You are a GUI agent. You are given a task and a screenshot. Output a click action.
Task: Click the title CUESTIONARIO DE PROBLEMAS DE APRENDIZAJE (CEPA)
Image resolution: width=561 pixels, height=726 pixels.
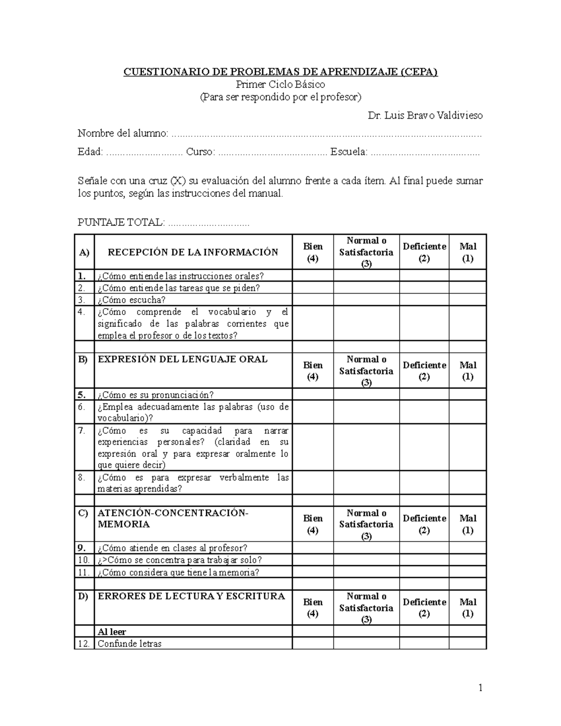point(280,72)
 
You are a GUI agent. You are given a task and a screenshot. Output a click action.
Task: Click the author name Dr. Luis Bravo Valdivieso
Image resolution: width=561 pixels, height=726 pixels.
point(425,115)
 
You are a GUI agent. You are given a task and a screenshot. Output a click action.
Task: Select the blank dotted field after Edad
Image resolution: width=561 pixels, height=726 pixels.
point(144,152)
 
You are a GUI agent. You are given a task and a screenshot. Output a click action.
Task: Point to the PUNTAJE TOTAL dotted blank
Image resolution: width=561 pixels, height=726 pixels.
point(209,223)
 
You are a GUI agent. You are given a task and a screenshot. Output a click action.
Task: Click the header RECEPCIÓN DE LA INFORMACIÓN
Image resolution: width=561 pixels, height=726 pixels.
point(193,252)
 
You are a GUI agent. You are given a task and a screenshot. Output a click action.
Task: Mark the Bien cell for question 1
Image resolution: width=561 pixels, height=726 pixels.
point(312,276)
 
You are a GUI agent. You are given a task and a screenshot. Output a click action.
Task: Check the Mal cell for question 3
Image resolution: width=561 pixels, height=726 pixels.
point(467,300)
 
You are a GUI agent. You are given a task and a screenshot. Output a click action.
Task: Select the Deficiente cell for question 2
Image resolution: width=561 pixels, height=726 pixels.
point(424,288)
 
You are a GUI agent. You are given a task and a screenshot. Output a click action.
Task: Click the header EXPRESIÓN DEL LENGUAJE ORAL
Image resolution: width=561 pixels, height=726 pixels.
point(182,359)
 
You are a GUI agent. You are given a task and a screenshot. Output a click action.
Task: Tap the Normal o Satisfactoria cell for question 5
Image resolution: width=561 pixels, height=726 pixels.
point(366,395)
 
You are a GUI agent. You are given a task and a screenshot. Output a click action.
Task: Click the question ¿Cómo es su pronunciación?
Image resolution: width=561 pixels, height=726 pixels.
point(156,395)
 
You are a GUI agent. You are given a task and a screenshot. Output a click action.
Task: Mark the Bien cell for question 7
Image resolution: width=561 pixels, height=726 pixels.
point(312,447)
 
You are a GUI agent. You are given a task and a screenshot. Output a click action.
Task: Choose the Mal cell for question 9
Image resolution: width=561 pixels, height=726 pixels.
point(467,548)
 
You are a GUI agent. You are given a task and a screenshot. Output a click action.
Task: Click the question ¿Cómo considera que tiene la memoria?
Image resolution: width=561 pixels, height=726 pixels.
point(178,572)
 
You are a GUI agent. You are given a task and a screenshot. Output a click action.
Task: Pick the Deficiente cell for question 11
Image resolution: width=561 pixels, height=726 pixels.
point(424,572)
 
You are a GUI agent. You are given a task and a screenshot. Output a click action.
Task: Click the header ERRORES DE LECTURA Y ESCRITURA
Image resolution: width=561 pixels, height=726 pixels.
point(191,597)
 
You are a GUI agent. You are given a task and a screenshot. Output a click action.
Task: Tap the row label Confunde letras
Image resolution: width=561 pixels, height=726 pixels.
point(129,644)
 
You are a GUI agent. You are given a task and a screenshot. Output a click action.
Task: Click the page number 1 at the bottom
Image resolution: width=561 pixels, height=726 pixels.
point(480,688)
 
